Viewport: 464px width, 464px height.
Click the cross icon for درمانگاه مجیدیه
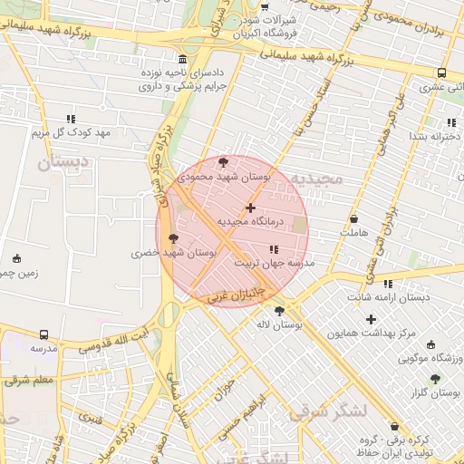pos(251,208)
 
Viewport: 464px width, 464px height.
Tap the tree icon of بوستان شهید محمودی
pos(223,162)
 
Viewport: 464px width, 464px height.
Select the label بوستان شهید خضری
pos(175,255)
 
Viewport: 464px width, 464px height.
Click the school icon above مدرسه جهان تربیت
pos(274,249)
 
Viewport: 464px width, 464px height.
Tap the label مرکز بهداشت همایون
pos(372,333)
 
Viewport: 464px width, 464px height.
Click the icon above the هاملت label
pos(353,219)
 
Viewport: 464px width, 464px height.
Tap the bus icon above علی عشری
pos(441,73)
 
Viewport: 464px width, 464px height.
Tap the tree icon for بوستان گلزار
pos(435,379)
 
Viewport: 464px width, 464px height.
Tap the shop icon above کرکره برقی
pos(393,426)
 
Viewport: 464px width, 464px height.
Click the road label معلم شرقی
pos(30,380)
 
